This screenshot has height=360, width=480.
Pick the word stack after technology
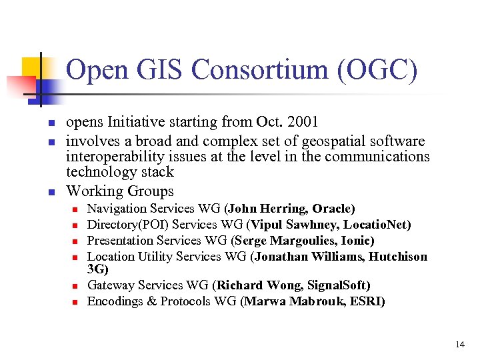pyautogui.click(x=160, y=172)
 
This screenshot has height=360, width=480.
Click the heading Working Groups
pyautogui.click(x=120, y=191)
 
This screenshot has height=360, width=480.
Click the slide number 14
pyautogui.click(x=460, y=345)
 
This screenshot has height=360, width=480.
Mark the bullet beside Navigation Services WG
pyautogui.click(x=76, y=210)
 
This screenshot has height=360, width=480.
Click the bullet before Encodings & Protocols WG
pyautogui.click(x=76, y=302)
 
